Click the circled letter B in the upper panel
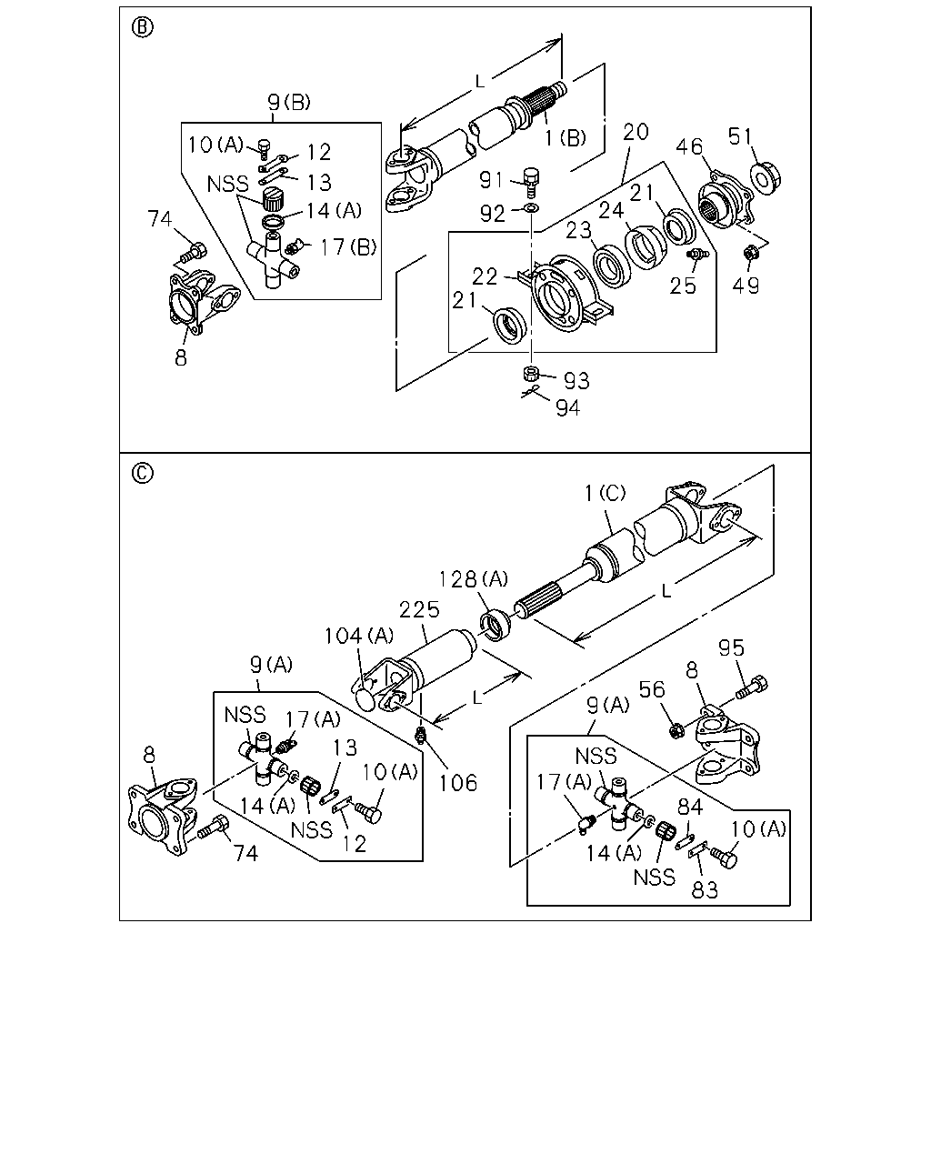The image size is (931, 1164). pos(142,27)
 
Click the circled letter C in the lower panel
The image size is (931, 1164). pos(142,473)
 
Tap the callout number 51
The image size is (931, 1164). pos(741,136)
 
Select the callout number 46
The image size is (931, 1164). pos(689,146)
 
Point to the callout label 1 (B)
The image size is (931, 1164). pos(565,138)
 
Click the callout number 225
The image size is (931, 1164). pos(419,609)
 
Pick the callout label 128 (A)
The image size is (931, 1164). pos(473,579)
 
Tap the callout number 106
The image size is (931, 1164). pos(457,783)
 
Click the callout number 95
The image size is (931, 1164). pos(731,648)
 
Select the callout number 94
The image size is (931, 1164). pos(568,407)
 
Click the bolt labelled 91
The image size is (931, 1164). pos(531,182)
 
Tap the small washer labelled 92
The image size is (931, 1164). pos(532,207)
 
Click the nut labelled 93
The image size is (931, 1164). pos(531,373)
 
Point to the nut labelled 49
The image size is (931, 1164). pos(751,252)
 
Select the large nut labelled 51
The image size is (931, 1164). pos(765,178)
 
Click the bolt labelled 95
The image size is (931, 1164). pos(752,687)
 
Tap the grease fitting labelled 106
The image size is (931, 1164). pos(419,735)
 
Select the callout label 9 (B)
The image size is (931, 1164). pos(289,101)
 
